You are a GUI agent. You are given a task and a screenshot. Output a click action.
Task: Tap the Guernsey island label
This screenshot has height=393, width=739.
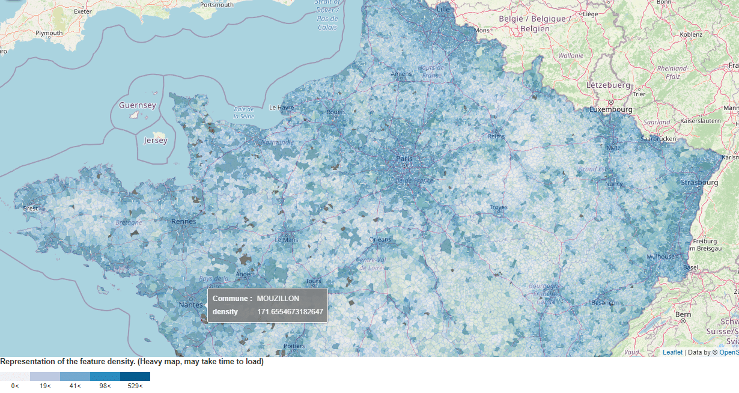click(137, 105)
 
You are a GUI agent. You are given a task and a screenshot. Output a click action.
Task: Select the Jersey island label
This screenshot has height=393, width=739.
click(156, 141)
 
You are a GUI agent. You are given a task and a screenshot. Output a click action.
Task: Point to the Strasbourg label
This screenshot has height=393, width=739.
click(699, 182)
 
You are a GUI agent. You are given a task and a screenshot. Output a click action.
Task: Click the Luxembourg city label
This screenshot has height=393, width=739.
click(611, 110)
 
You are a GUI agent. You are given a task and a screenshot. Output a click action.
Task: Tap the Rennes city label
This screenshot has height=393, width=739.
click(184, 221)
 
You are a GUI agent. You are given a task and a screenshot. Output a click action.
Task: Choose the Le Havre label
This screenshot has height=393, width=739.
click(281, 108)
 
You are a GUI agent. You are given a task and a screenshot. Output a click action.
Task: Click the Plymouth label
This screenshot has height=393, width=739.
click(49, 33)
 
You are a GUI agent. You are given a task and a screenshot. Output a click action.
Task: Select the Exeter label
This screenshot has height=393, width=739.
click(83, 11)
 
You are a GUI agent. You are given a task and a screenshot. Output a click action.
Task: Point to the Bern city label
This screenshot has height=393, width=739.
click(683, 314)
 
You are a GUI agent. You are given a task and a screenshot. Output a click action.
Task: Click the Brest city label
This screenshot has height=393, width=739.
click(30, 209)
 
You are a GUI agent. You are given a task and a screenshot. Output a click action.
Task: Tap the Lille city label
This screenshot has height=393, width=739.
click(443, 9)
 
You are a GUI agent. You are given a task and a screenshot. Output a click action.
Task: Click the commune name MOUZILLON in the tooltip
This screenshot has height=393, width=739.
click(278, 299)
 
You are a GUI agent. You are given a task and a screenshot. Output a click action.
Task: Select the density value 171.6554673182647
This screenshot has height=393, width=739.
click(290, 312)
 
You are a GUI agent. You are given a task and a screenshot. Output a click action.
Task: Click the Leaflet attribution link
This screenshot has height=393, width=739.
click(672, 353)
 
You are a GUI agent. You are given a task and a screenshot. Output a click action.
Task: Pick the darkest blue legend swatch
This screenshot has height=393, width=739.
click(135, 376)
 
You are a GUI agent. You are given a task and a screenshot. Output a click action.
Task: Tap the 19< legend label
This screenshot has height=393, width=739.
click(45, 386)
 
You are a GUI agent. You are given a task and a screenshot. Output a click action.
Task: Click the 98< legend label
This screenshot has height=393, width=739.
click(105, 386)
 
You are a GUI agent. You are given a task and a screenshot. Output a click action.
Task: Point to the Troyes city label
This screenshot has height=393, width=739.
click(498, 207)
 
